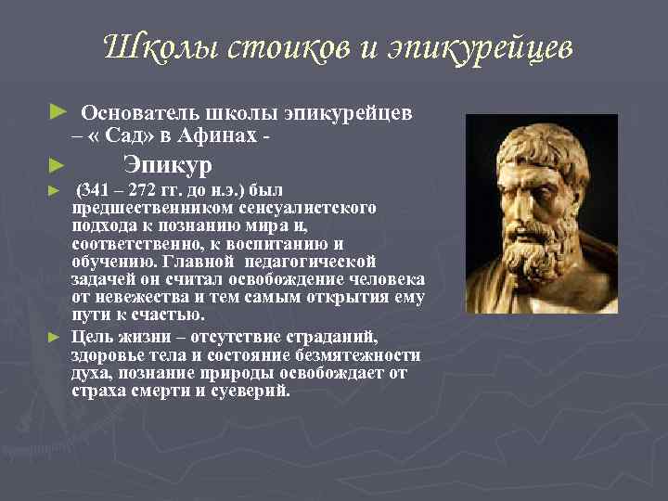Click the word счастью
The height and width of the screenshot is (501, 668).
tap(168, 315)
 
